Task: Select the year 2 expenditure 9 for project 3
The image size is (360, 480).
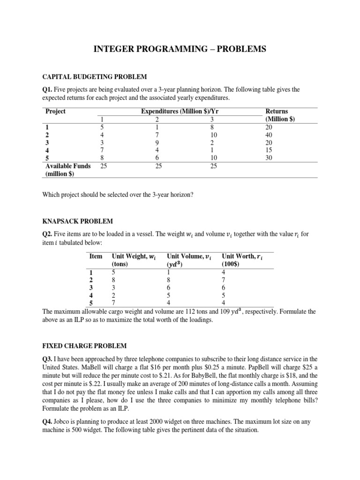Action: [x=157, y=142]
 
